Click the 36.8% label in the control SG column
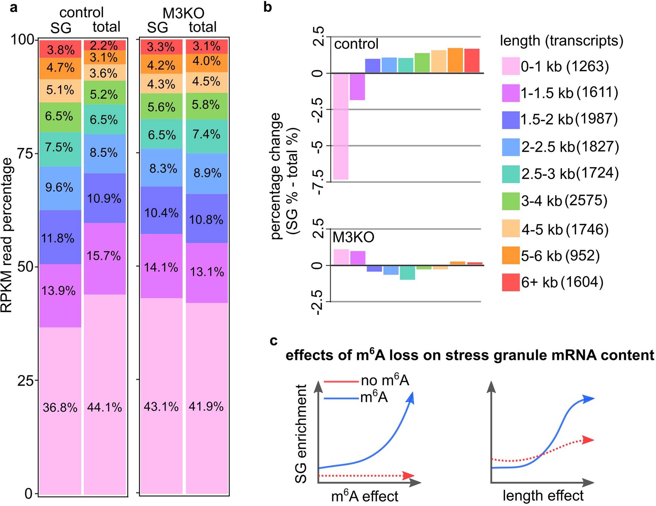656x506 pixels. point(60,407)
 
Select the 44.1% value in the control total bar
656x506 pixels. point(105,407)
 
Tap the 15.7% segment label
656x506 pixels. point(104,256)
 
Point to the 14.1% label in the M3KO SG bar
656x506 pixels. point(161,267)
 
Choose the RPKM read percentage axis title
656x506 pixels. point(7,235)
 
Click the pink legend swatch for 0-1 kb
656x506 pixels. point(511,66)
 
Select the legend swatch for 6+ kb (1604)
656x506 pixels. point(511,282)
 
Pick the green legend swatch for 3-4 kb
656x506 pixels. point(511,201)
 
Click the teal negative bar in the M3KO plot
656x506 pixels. point(407,273)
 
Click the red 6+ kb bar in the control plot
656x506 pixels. point(472,61)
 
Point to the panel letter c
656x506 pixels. point(273,341)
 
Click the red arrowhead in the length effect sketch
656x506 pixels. point(588,440)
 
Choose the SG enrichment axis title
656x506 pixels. point(301,434)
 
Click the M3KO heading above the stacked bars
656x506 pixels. point(183,13)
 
